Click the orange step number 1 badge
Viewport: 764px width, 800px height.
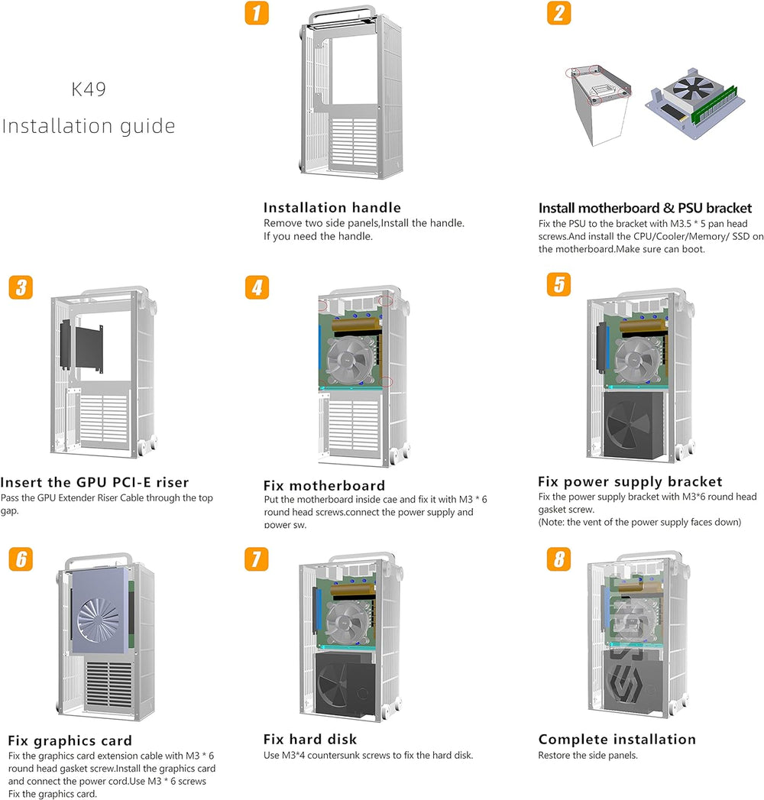point(257,13)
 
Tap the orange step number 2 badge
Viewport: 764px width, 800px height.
point(559,13)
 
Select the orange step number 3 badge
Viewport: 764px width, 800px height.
point(21,287)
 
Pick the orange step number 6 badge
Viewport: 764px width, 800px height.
point(21,559)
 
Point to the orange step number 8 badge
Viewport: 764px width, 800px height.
point(559,559)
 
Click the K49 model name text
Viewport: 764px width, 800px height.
point(89,89)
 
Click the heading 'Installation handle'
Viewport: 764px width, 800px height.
point(332,208)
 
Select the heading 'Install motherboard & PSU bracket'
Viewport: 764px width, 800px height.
point(645,208)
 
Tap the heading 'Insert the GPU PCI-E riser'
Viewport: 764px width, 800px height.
point(95,482)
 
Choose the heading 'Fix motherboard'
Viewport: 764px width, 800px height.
point(324,485)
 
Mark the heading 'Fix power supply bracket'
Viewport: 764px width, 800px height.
point(630,481)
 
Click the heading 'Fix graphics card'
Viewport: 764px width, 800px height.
point(70,740)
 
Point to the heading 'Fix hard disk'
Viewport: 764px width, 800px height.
point(309,740)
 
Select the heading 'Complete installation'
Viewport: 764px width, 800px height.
point(617,740)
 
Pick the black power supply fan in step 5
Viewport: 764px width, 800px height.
point(631,424)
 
